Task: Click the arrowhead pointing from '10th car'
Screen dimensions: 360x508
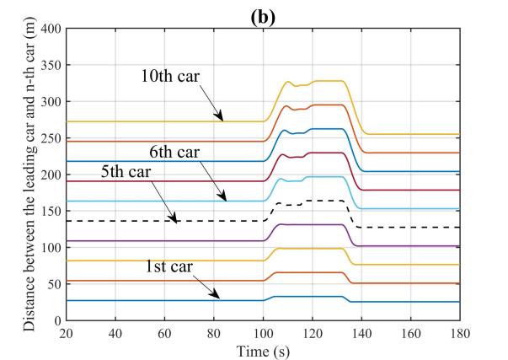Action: (222, 121)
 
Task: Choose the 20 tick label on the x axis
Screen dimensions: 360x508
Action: (67, 332)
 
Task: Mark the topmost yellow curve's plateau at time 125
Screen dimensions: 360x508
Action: (324, 81)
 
